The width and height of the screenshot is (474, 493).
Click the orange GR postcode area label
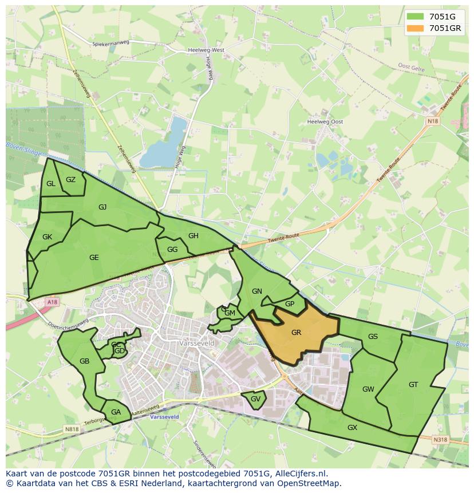click(296, 332)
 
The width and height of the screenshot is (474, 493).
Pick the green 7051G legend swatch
click(415, 17)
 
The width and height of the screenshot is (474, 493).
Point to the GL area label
click(51, 183)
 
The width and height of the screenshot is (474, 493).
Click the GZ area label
click(70, 179)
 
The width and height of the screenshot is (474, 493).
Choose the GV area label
click(255, 399)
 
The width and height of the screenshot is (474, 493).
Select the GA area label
click(116, 412)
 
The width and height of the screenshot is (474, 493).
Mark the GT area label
click(413, 385)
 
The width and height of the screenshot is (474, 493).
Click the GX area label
click(352, 427)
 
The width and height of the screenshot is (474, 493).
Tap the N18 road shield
click(433, 121)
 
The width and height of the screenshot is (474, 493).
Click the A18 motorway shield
click(53, 302)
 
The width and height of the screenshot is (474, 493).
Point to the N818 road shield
click(72, 429)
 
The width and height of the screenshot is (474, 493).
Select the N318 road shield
click(440, 439)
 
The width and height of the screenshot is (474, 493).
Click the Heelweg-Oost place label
click(325, 122)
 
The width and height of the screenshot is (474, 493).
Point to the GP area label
click(290, 304)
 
